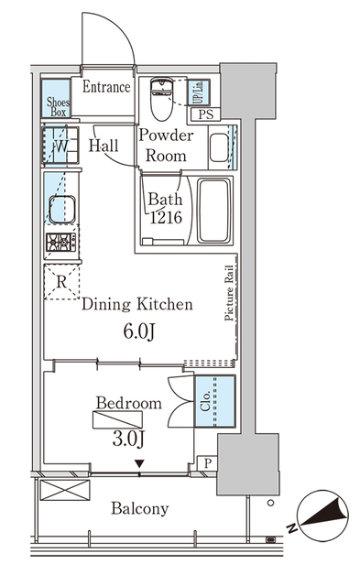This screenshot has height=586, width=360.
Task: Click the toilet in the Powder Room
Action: (x=161, y=98)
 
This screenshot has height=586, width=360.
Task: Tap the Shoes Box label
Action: (x=58, y=106)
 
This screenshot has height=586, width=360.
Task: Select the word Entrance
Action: (x=106, y=87)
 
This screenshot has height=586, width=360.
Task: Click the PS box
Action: (x=205, y=114)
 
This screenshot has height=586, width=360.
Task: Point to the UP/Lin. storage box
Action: (x=199, y=92)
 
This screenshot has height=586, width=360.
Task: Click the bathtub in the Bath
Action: (x=213, y=211)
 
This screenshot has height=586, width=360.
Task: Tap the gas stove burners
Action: (x=61, y=242)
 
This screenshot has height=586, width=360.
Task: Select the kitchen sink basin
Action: (x=62, y=209)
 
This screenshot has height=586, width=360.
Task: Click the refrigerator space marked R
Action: (x=61, y=281)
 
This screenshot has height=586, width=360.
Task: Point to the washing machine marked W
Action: (x=60, y=146)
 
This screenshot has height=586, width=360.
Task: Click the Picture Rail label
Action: (x=229, y=293)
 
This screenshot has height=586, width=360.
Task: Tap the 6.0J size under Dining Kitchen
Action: (x=139, y=331)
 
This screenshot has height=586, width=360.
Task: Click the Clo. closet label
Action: (x=205, y=401)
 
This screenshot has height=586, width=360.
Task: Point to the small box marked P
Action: (x=207, y=463)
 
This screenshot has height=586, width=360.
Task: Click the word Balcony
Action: (x=140, y=509)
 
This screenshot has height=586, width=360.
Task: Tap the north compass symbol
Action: (x=323, y=515)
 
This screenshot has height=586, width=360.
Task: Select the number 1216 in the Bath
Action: (x=166, y=218)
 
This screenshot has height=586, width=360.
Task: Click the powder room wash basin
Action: (x=219, y=147)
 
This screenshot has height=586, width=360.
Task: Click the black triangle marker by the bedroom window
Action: (x=139, y=464)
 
